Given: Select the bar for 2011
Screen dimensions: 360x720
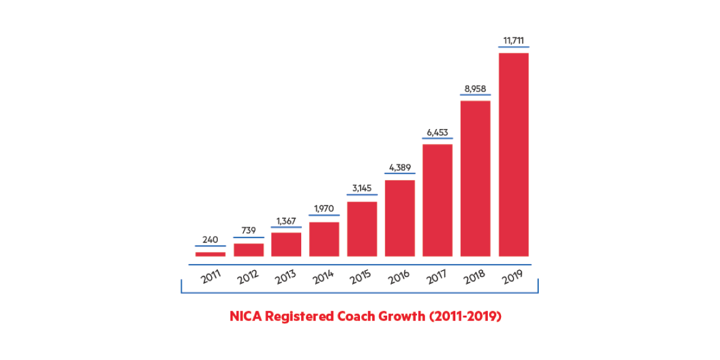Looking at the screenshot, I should click(x=211, y=254).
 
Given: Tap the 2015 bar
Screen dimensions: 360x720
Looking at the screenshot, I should click(x=362, y=229).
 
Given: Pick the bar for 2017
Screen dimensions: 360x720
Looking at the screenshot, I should click(x=437, y=200).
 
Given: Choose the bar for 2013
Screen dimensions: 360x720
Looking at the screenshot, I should click(x=286, y=244).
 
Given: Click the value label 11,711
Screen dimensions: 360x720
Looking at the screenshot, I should click(x=513, y=41).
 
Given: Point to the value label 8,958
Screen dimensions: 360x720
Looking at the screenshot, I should click(x=475, y=89).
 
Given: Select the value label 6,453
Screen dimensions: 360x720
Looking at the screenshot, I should click(x=437, y=133).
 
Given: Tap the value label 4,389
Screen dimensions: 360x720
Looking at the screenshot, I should click(x=400, y=168).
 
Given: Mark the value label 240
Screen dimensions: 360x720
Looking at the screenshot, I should click(x=210, y=240).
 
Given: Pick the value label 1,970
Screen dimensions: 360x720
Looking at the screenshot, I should click(x=324, y=209).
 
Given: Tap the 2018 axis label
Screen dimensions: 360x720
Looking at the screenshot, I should click(x=474, y=278).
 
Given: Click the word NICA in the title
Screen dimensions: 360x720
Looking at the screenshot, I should click(x=246, y=316).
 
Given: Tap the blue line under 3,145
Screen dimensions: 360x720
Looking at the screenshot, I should click(x=362, y=195).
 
